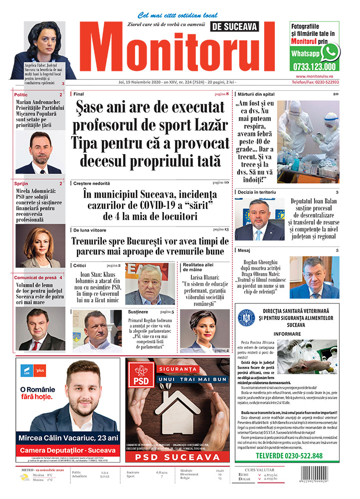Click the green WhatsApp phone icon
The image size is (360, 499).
(x=330, y=52)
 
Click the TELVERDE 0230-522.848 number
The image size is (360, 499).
(x=289, y=456)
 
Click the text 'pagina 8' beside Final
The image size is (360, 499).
(x=221, y=94)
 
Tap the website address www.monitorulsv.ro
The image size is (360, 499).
(x=314, y=76)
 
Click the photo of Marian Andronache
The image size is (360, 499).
(x=40, y=152)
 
